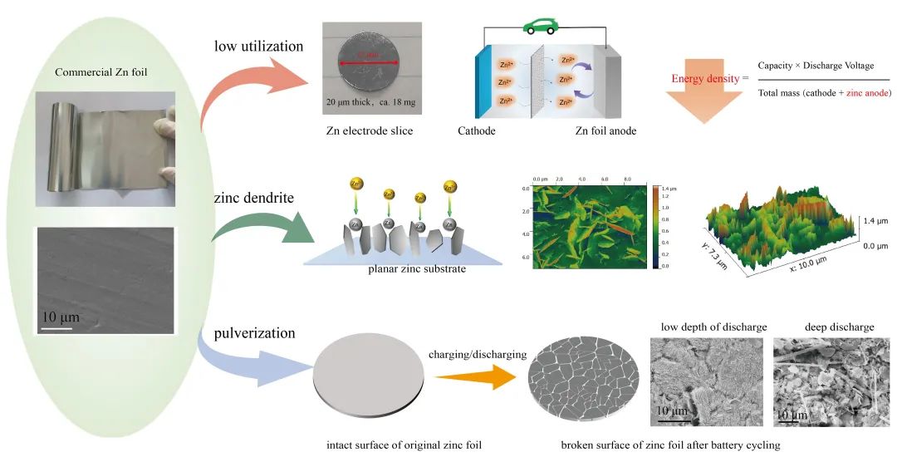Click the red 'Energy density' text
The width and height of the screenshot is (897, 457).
pos(706,79)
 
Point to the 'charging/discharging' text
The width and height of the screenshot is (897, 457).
pos(478,354)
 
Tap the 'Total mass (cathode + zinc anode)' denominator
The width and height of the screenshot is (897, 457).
pos(825,93)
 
